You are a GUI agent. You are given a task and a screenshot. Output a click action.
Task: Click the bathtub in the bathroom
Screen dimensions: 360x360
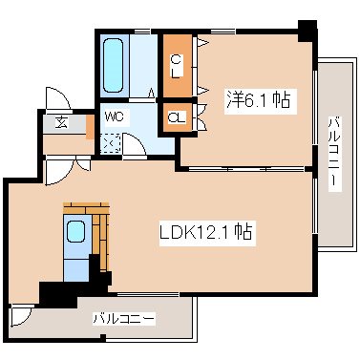(x=113, y=65)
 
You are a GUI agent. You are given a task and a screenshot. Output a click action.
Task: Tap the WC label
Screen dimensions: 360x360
(x=115, y=116)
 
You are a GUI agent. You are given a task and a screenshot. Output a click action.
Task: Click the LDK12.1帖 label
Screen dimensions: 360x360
(x=206, y=232)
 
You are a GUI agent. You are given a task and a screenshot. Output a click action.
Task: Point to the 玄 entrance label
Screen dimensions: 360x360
(x=61, y=122)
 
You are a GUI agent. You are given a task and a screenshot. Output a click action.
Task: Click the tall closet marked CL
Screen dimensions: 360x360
(x=178, y=65)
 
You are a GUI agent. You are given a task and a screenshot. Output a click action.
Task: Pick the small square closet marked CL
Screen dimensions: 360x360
(x=177, y=117)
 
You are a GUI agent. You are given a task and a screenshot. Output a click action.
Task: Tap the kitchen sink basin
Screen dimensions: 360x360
(x=76, y=231)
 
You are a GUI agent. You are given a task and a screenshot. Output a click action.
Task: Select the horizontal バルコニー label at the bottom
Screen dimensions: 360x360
(x=124, y=318)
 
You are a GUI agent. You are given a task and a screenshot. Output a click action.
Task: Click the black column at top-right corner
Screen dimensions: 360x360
(x=307, y=31)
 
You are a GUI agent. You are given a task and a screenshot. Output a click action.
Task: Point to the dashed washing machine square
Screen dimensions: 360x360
(x=110, y=143)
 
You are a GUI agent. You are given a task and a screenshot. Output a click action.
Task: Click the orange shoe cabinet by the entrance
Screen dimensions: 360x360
(x=90, y=127)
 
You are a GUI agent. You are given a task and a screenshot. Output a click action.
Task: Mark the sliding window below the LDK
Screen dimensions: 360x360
(x=148, y=295)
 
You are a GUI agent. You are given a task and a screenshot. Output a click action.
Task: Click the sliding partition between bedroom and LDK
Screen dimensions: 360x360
(x=247, y=169)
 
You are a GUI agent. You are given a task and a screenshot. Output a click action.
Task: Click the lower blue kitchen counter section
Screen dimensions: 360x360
(x=75, y=270)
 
